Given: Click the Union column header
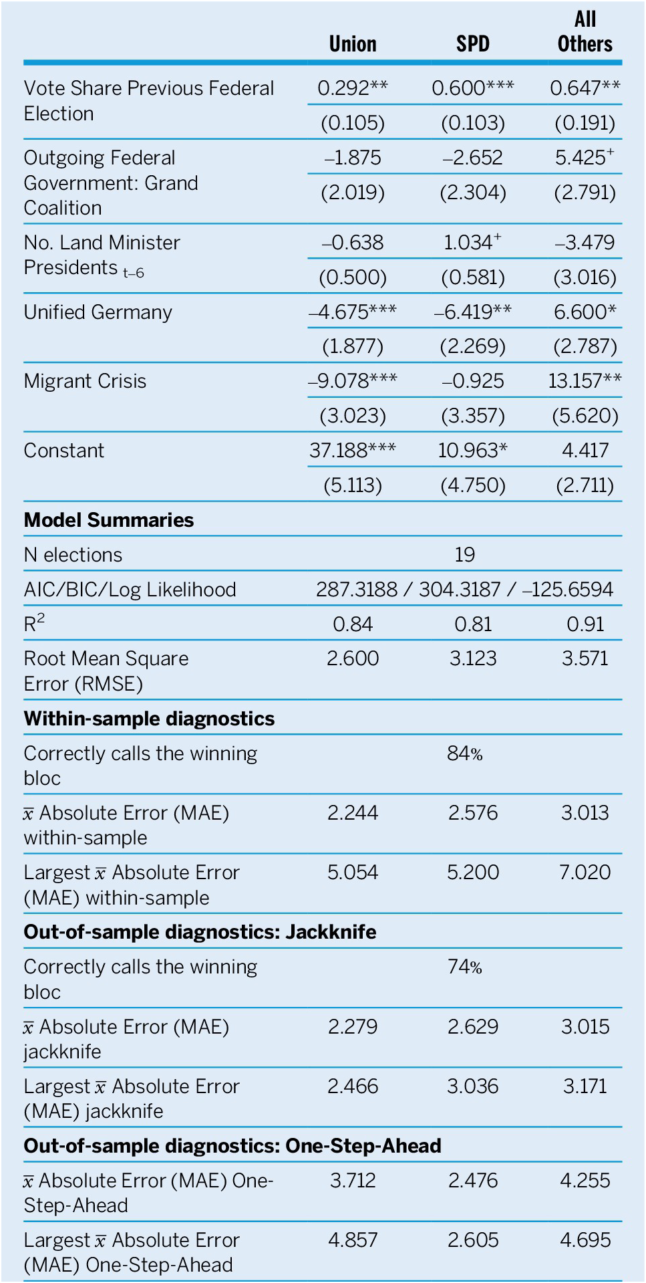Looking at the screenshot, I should [x=352, y=44].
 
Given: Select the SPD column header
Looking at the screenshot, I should [x=472, y=44].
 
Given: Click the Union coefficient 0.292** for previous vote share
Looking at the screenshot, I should [x=352, y=88].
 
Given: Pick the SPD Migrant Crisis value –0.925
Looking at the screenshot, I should [x=472, y=381].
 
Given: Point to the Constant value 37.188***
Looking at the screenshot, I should [x=352, y=451].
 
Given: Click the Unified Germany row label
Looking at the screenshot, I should [x=98, y=312].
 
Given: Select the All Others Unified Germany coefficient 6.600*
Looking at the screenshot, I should [x=585, y=312].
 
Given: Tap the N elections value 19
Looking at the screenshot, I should [x=464, y=555].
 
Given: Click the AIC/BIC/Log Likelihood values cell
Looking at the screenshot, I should [x=464, y=590].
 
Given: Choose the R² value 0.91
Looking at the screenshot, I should [x=585, y=624].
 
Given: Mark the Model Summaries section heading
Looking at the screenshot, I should [x=108, y=520].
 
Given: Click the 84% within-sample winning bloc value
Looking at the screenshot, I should [x=464, y=754].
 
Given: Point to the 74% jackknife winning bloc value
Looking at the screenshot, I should [x=464, y=967].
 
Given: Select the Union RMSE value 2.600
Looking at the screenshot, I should [x=352, y=659].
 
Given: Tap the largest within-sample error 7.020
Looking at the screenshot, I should [x=585, y=872].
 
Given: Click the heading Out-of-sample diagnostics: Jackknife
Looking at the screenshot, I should [x=200, y=932].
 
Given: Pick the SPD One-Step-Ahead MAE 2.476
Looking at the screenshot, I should [x=472, y=1181].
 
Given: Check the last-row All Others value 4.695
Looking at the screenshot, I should [x=585, y=1240].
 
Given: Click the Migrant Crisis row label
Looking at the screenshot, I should [x=85, y=381].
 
